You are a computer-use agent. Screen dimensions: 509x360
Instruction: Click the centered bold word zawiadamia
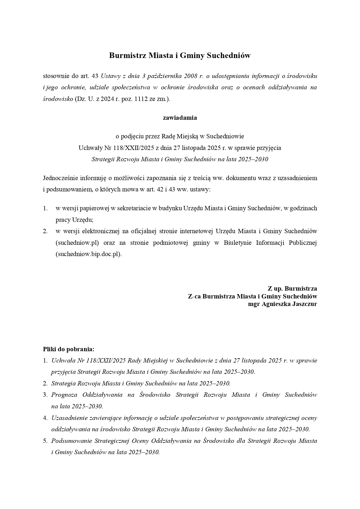[x=180, y=118]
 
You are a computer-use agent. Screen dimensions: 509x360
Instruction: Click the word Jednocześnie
[x=61, y=178]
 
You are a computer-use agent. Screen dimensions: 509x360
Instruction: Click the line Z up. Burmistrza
[x=292, y=289]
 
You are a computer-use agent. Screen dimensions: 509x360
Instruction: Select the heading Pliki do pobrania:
[x=69, y=349]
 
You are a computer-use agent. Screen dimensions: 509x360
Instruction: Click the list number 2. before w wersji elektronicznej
[x=45, y=231]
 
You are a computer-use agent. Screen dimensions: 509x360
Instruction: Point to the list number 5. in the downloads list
[x=45, y=441]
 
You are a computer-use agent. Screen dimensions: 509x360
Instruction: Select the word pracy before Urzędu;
[x=62, y=220]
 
